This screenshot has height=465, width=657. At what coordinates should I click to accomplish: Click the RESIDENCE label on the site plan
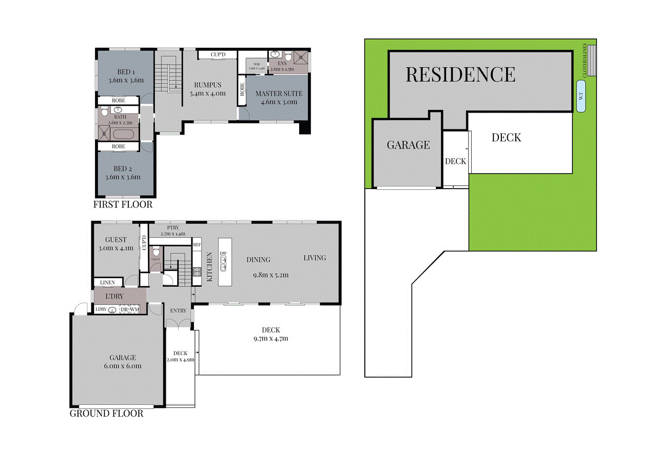point(460,75)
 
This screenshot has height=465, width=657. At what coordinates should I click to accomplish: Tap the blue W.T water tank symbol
point(582,96)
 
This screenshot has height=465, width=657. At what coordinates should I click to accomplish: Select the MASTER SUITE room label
point(279,94)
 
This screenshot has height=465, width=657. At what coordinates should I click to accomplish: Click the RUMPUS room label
point(207,85)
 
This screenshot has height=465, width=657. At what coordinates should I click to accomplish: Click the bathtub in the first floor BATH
point(123,135)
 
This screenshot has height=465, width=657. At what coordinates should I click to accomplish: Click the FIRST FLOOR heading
point(123,204)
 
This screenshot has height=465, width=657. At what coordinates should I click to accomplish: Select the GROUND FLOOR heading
point(106,414)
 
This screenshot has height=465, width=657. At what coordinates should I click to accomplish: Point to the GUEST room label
point(115,239)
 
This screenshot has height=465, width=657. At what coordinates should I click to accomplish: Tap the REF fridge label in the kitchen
point(197,245)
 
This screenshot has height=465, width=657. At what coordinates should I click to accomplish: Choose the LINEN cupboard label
point(107,283)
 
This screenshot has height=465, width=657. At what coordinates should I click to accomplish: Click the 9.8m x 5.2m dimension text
point(270,275)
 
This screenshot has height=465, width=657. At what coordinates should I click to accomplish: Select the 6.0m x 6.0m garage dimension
point(122,366)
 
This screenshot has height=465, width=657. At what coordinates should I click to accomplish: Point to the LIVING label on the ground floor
point(314,257)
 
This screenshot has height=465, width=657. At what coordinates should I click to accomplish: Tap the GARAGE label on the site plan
point(408,145)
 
